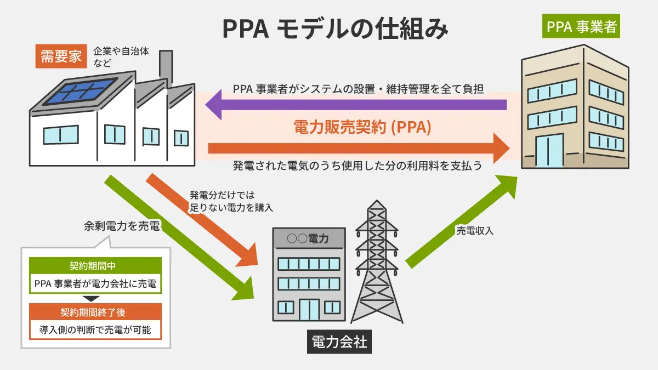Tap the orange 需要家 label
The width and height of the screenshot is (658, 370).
coord(61,57)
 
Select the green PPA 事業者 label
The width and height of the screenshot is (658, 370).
coord(581,27)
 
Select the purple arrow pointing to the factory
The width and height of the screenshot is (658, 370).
coord(356,104)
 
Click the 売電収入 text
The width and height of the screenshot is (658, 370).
coord(475,231)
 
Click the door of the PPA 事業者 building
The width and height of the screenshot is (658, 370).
coord(549,151)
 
